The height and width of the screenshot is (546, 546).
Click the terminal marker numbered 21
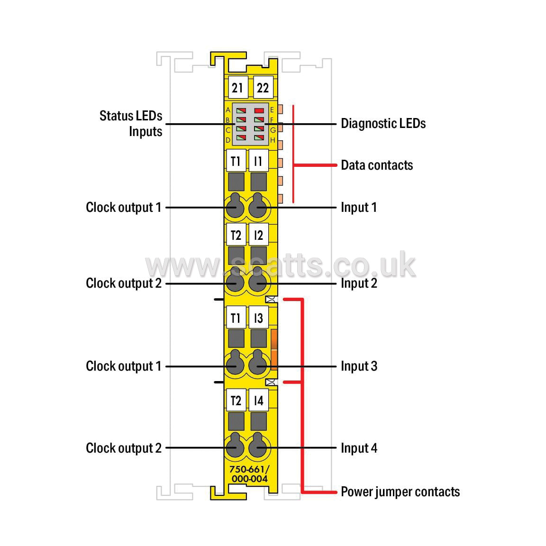coord(237,87)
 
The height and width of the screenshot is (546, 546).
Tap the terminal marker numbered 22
coord(263,87)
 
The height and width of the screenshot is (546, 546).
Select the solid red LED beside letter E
coord(259,111)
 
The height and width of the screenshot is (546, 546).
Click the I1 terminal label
coord(258,161)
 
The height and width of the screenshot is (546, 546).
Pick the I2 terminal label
coord(258,235)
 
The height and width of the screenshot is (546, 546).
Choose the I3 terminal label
coord(258,317)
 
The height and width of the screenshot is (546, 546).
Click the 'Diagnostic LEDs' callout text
coord(383,124)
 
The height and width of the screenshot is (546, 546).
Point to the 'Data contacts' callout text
coord(377,165)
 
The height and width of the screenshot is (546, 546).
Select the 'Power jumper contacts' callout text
coord(400,492)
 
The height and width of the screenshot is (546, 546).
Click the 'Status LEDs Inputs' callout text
coord(131,124)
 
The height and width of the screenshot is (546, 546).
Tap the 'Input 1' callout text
coord(359,208)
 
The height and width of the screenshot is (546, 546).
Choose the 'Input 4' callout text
coord(359,448)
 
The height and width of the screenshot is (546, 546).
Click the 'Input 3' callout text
coord(359,366)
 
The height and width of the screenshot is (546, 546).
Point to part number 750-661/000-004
coord(249,474)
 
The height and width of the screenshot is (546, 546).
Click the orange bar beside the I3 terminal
coord(274,349)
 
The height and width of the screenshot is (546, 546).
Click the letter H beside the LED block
coord(273,140)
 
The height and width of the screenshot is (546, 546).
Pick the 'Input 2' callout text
coord(359,283)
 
